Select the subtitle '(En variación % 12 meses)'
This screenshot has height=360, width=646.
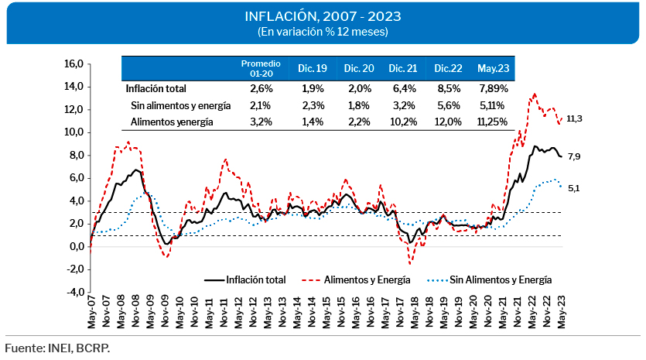322,32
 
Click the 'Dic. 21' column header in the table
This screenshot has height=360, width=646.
404,68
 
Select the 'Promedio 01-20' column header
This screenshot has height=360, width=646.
260,67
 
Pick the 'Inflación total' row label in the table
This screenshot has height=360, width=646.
156,88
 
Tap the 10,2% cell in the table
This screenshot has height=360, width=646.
404,122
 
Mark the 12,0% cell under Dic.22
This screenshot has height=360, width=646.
448,122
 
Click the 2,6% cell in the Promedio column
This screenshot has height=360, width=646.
260,88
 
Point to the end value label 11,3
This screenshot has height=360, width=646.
574,118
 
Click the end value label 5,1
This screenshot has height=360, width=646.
574,187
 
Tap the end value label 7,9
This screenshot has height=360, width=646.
574,157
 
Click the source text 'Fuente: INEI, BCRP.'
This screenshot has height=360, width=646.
57,348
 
